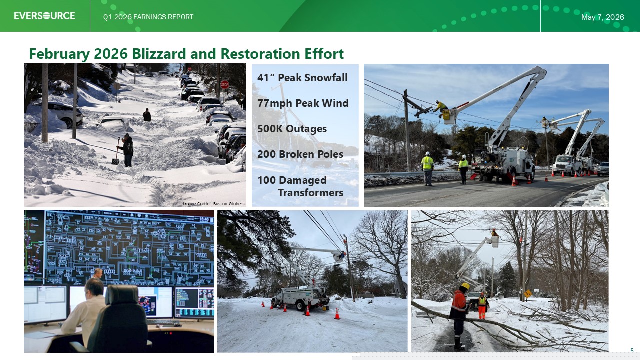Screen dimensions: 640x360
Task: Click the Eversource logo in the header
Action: pyautogui.click(x=45, y=16)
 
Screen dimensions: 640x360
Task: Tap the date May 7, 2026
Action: pyautogui.click(x=603, y=17)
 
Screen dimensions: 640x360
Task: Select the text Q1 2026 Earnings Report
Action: pyautogui.click(x=148, y=17)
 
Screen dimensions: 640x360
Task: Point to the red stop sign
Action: pyautogui.click(x=225, y=85)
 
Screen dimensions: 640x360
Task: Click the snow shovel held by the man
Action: pyautogui.click(x=116, y=151)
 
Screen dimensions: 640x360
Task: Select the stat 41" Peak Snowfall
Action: pyautogui.click(x=302, y=77)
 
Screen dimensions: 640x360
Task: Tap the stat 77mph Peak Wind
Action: pyautogui.click(x=303, y=103)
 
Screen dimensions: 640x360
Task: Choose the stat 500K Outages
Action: pyautogui.click(x=292, y=129)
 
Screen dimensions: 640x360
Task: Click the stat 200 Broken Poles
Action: pyautogui.click(x=300, y=154)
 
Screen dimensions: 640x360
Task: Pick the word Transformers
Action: pyautogui.click(x=311, y=193)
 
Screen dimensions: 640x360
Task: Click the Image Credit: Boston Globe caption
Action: pyautogui.click(x=212, y=203)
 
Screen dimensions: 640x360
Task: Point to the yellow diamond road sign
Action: pyautogui.click(x=528, y=293)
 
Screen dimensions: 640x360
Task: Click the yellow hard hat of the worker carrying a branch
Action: pyautogui.click(x=465, y=286)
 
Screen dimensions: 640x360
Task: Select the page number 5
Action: pyautogui.click(x=632, y=350)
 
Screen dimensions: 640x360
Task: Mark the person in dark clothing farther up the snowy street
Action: pyautogui.click(x=147, y=115)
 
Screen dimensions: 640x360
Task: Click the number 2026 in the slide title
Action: pyautogui.click(x=111, y=53)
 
